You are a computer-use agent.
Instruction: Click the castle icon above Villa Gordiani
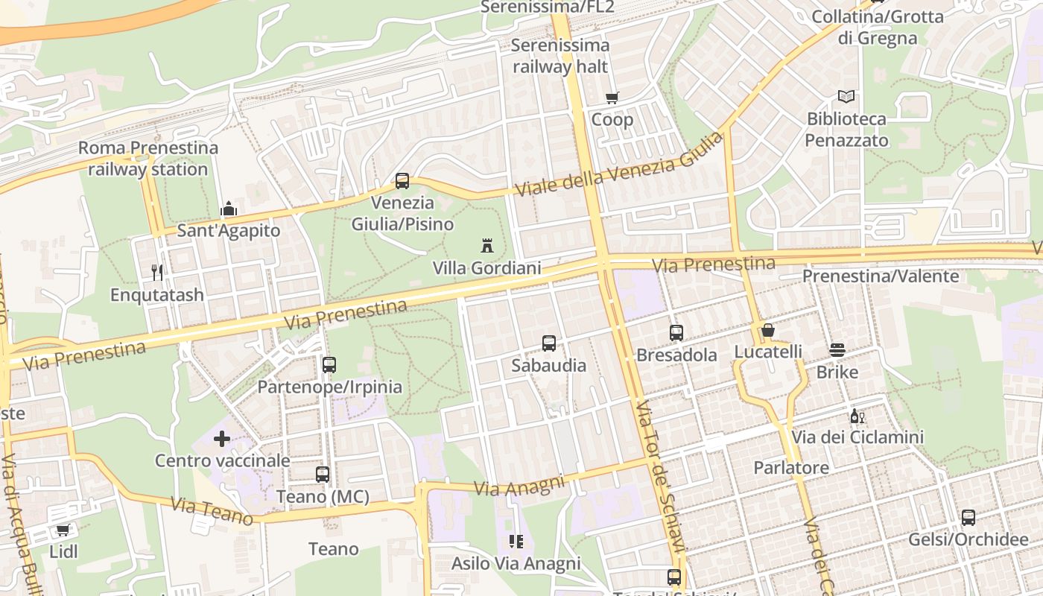[x=487, y=245]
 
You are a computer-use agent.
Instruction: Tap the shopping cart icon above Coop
[x=612, y=98]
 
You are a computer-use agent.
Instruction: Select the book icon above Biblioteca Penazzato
[x=846, y=96]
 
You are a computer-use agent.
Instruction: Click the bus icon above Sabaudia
[x=549, y=343]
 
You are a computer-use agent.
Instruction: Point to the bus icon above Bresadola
[x=676, y=333]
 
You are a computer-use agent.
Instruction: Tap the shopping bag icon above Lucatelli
[x=768, y=330]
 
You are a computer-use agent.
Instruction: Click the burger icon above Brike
[x=837, y=350]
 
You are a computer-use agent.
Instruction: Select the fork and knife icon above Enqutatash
[x=157, y=273]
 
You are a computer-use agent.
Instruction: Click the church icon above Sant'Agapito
[x=229, y=209]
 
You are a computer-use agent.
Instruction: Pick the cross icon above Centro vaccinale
[x=222, y=439]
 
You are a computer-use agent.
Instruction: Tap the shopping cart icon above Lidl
[x=63, y=530]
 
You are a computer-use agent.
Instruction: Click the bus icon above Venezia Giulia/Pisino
[x=402, y=180]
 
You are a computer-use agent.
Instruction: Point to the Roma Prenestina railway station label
[x=148, y=158]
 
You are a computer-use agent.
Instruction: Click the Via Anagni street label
[x=520, y=486]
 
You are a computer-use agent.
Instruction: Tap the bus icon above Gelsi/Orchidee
[x=968, y=518]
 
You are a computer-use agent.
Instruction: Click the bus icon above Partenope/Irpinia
[x=329, y=365]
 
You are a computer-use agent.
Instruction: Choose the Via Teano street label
[x=212, y=512]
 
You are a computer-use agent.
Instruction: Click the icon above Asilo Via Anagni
[x=516, y=542]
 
